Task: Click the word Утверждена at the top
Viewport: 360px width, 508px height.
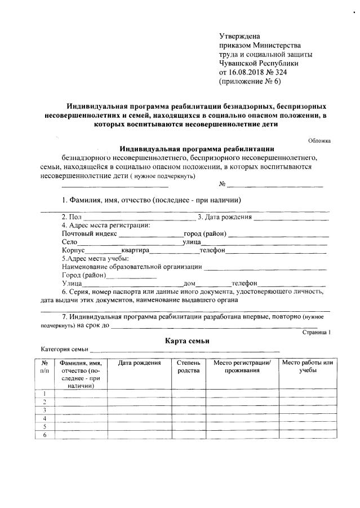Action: [x=239, y=36]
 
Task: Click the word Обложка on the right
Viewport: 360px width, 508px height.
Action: [x=319, y=140]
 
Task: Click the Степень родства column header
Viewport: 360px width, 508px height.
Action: [x=185, y=366]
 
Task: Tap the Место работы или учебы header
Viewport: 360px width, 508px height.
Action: [x=308, y=366]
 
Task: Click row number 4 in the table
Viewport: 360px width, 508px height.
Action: [x=44, y=418]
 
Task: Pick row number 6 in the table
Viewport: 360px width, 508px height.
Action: [x=44, y=435]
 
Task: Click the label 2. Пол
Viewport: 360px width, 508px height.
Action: [x=72, y=217]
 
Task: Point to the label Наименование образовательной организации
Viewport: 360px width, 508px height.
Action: [x=132, y=267]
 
